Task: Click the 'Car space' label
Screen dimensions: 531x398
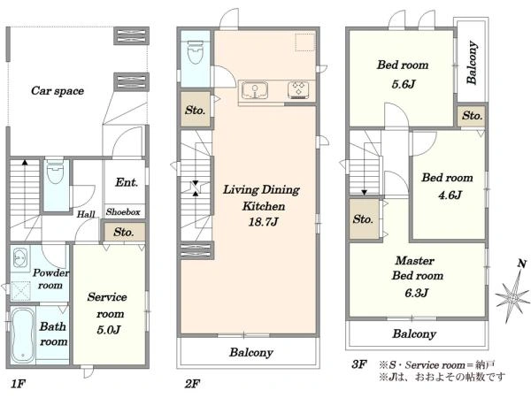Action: [58, 91]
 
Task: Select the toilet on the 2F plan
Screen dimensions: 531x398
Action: [195, 52]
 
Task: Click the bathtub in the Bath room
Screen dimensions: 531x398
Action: [22, 335]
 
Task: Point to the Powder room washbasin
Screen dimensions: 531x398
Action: [19, 258]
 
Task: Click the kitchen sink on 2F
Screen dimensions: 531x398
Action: [255, 90]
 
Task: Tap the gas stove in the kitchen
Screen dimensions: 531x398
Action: [298, 90]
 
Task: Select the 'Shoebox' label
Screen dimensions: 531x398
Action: [123, 212]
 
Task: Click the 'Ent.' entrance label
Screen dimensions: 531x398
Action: [127, 182]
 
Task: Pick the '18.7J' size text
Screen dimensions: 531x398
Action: [263, 222]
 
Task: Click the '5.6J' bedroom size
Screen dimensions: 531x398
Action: [404, 84]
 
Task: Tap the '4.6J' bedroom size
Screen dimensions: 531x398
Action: [450, 195]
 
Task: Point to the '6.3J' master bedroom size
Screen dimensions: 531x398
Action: [416, 293]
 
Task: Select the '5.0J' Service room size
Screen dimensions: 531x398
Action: [108, 330]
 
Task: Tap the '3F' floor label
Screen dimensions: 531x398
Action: [359, 364]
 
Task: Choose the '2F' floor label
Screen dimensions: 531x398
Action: [192, 384]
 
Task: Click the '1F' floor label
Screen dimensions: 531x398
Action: [18, 384]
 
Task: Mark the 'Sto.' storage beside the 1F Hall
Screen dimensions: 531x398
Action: [124, 232]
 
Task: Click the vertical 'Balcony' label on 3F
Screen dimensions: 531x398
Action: [472, 63]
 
